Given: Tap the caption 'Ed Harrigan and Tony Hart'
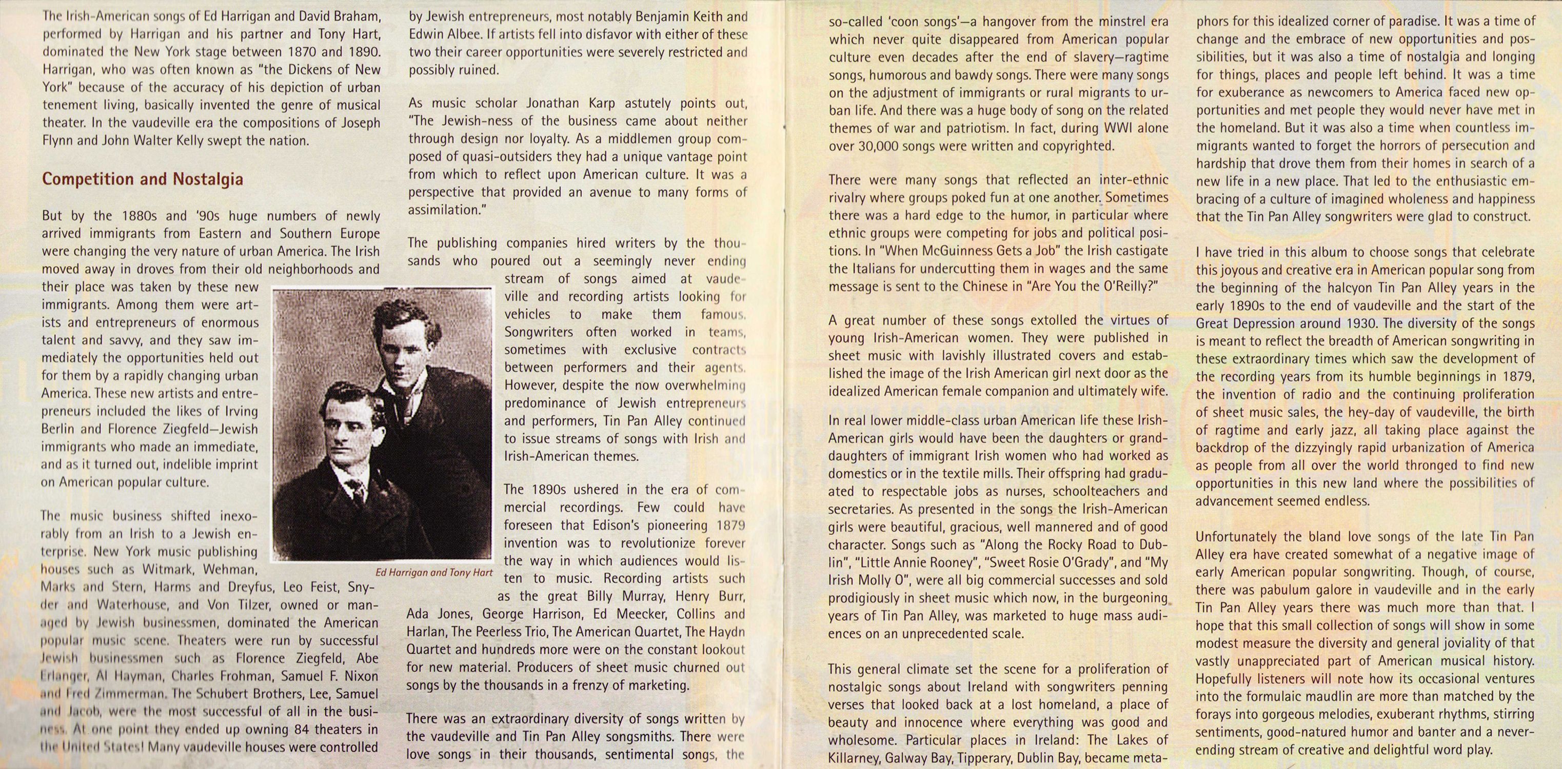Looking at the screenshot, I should (433, 572).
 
